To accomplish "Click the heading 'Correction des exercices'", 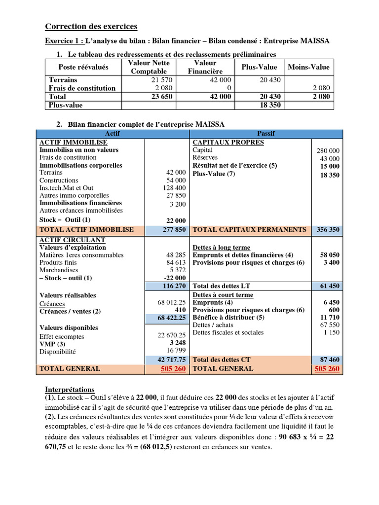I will point(91,27).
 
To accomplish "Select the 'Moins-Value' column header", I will point(308,67).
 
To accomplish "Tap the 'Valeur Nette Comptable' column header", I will point(149,67).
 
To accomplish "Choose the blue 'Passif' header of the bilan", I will point(266,134).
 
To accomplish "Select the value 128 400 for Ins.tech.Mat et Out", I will point(174,188).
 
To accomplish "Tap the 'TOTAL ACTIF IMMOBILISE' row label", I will point(86,230).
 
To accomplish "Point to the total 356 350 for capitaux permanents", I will point(327,230).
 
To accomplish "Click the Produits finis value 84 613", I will point(176,263).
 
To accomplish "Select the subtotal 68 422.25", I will point(172,318).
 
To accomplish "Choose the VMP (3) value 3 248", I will point(177,343).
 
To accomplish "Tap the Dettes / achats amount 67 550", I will point(329,325).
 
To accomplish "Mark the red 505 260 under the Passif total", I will point(327,369).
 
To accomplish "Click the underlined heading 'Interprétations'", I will point(70,389).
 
